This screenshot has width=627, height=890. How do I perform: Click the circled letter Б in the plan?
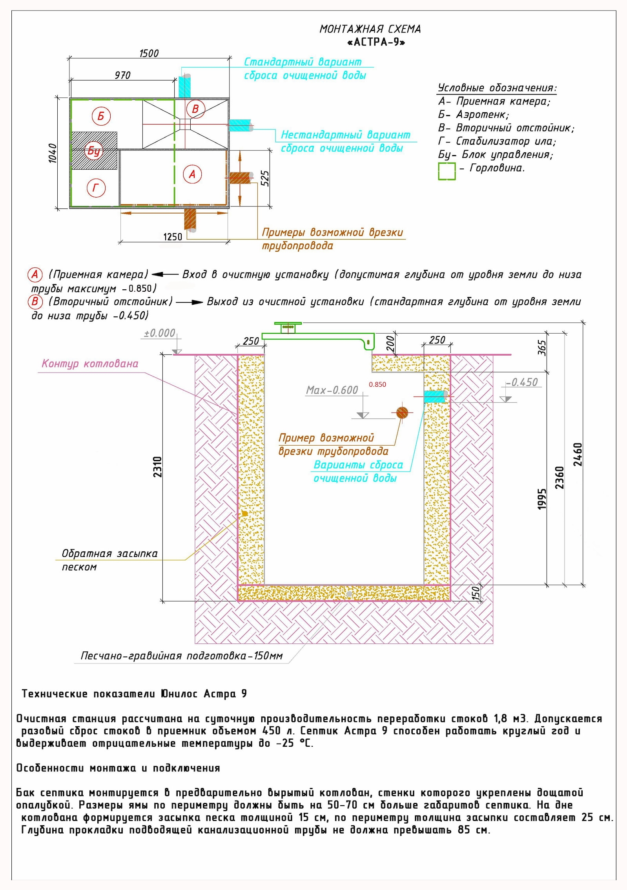(x=101, y=116)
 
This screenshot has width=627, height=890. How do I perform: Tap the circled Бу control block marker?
(x=94, y=150)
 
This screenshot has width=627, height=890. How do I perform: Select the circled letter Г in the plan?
(x=96, y=188)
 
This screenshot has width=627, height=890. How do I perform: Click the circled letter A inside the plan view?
(x=192, y=174)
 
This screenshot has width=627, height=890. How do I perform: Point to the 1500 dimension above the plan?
(x=149, y=53)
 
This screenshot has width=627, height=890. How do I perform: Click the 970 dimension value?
(x=122, y=75)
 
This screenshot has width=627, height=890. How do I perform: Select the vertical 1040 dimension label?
(x=53, y=153)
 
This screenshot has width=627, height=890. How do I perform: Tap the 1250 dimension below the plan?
(x=173, y=237)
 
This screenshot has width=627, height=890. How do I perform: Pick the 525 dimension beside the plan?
(x=265, y=178)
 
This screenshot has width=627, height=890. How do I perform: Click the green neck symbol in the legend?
(x=447, y=172)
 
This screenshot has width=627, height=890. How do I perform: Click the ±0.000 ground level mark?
(x=160, y=333)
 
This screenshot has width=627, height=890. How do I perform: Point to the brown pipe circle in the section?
(x=402, y=412)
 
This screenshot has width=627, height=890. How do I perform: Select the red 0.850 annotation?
(x=377, y=384)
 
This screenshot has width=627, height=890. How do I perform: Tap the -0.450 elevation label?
(x=522, y=382)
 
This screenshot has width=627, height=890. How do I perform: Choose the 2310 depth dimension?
(x=157, y=467)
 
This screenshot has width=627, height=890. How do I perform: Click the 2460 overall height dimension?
(x=578, y=455)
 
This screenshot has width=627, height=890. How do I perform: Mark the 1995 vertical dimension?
(x=541, y=499)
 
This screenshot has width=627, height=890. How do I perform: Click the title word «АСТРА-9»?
(x=376, y=42)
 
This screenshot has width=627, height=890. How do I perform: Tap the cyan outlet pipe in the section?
(x=435, y=396)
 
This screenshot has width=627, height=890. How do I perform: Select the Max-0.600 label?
(x=332, y=390)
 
